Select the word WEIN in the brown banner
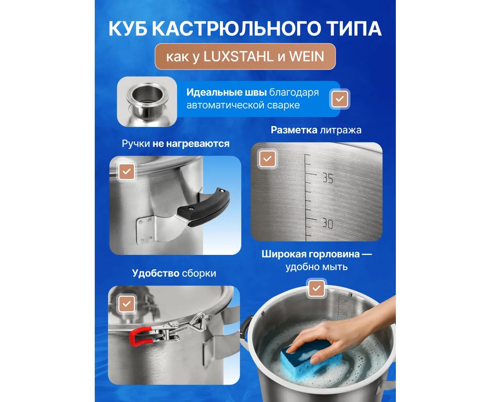pos(306,57)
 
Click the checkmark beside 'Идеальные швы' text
pos(340,99)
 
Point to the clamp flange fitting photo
pos(147,102)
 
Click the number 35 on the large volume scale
pos(328,178)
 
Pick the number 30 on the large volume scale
pos(328,224)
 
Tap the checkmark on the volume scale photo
pos(267,159)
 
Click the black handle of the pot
pos(204,208)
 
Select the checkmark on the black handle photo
pos(126,172)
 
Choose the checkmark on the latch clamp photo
pos(126,304)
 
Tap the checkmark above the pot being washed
pos(316,289)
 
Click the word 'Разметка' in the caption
pos(294,130)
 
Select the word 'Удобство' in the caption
pos(155,273)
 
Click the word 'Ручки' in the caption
pos(136,144)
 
